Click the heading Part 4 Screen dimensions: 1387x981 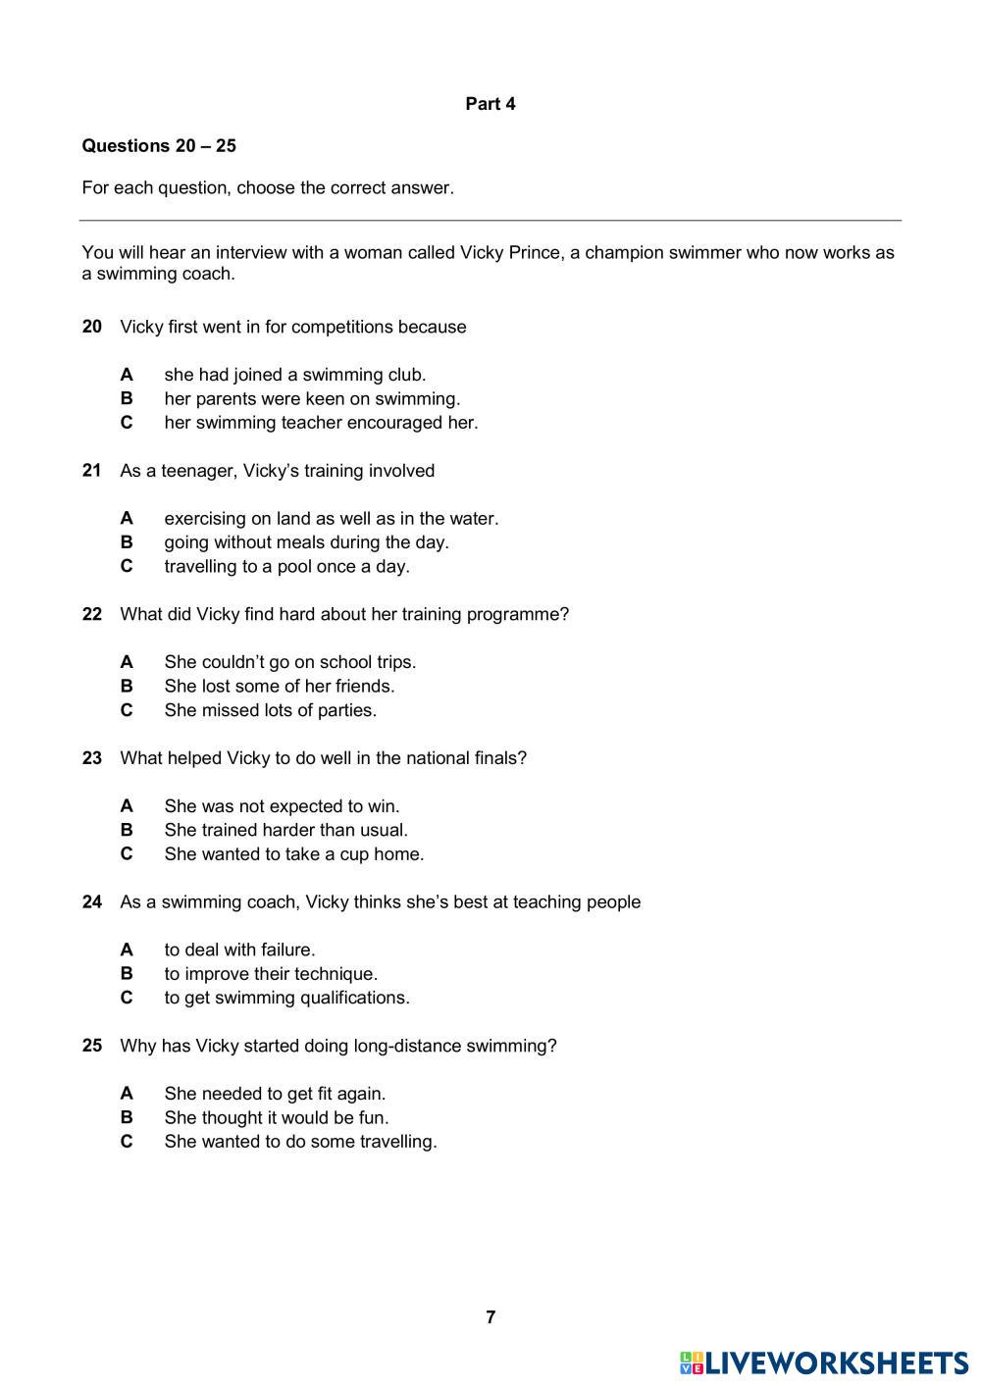point(490,104)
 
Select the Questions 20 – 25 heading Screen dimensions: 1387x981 point(159,146)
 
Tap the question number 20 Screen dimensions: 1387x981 point(92,327)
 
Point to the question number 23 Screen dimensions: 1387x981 point(92,758)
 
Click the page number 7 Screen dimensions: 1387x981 point(490,1317)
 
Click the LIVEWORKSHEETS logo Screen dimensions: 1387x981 point(823,1362)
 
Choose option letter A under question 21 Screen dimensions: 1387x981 point(127,518)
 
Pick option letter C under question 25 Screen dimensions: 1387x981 point(127,1142)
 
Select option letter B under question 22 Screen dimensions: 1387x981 point(127,687)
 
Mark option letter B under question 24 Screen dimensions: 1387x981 point(127,974)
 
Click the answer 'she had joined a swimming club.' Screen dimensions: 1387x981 point(295,375)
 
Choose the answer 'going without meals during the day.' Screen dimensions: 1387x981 point(306,542)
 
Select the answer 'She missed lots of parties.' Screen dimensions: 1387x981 point(271,710)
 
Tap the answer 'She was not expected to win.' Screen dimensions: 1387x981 point(283,806)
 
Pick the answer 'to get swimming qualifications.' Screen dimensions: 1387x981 point(287,998)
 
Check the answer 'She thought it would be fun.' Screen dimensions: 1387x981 point(277,1117)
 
